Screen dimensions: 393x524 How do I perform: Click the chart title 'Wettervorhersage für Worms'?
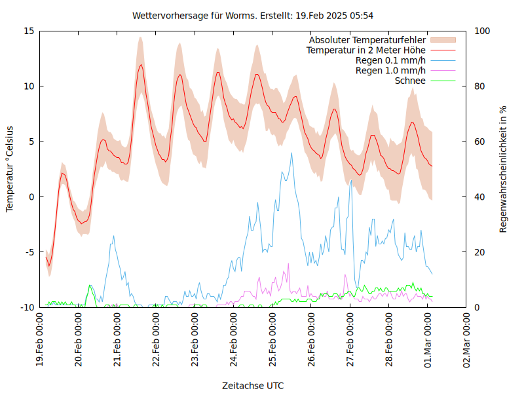[x=253, y=15]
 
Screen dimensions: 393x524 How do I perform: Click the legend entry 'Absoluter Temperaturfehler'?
[x=367, y=40]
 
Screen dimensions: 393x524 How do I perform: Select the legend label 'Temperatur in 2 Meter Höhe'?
[x=366, y=50]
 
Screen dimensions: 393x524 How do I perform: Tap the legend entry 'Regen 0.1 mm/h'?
[x=390, y=60]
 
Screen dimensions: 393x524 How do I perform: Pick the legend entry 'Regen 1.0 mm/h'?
[x=390, y=70]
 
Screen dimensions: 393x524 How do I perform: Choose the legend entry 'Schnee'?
[x=410, y=81]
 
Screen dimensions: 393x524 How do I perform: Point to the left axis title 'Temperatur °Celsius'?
[x=10, y=169]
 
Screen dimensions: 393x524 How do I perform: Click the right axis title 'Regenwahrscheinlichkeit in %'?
[x=503, y=169]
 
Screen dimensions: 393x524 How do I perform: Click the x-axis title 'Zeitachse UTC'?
[x=253, y=385]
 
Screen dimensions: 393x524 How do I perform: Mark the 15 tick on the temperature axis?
[x=29, y=31]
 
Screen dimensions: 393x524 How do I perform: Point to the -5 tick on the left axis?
[x=29, y=252]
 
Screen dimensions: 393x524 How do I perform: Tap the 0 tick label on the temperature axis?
[x=31, y=196]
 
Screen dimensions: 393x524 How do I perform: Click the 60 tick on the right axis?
[x=479, y=141]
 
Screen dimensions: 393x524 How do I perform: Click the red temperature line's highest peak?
[x=140, y=64]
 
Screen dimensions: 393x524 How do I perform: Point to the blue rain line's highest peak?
[x=292, y=153]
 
